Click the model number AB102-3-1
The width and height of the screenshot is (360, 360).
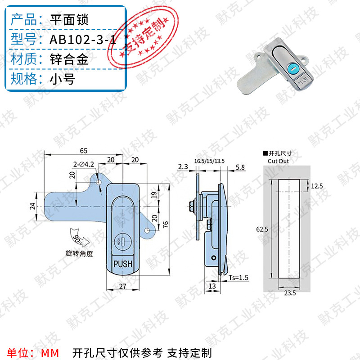tap(82, 40)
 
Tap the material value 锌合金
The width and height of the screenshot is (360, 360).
tap(69, 59)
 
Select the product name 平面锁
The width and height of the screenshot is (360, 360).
tap(69, 20)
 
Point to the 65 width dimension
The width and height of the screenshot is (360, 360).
tap(84, 150)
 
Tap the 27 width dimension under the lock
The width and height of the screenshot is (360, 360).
tap(122, 285)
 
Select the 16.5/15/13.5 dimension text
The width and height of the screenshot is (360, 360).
tap(209, 161)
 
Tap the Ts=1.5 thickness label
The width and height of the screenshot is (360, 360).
tap(238, 277)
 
